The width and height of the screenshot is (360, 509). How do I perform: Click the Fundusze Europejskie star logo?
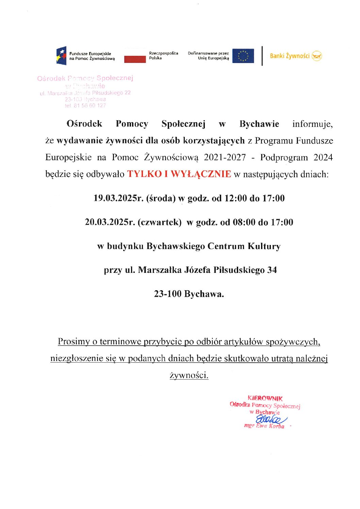coord(61,55)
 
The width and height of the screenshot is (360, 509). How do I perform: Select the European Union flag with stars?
coord(243,56)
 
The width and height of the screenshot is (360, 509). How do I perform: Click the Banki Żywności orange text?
coord(290,56)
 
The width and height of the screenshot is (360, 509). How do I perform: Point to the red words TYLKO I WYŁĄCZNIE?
coord(179,174)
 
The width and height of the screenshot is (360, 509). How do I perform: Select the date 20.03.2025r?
coord(110,222)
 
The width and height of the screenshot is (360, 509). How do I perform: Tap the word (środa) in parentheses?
coord(161,198)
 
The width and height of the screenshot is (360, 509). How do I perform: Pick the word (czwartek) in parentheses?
coord(160,222)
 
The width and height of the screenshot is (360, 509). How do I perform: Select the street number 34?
coord(272,270)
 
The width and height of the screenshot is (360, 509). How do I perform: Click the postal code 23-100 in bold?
coord(167,294)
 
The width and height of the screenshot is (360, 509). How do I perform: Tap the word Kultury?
coord(264,246)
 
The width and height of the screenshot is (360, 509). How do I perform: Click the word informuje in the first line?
coord(312,124)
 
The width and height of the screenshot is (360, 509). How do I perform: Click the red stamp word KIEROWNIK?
coord(265,398)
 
